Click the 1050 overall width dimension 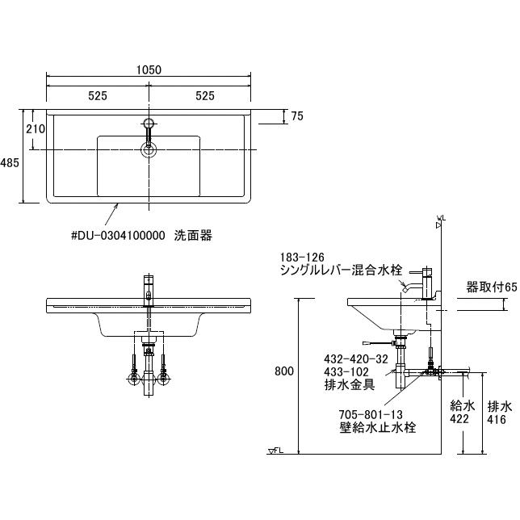[x=149, y=70]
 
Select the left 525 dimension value [x=98, y=96]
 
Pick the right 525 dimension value [x=205, y=96]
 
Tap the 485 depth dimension [x=10, y=162]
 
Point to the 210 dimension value [x=36, y=128]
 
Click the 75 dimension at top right [x=297, y=116]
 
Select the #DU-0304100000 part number [x=118, y=236]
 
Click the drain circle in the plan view [x=149, y=150]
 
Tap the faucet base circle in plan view [x=149, y=124]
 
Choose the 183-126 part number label [x=302, y=258]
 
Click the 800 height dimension [x=284, y=371]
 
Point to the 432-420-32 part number [x=356, y=359]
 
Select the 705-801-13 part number [x=371, y=414]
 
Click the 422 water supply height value [x=459, y=419]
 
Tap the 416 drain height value [x=497, y=420]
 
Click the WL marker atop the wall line [x=441, y=222]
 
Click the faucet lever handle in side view [x=416, y=272]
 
